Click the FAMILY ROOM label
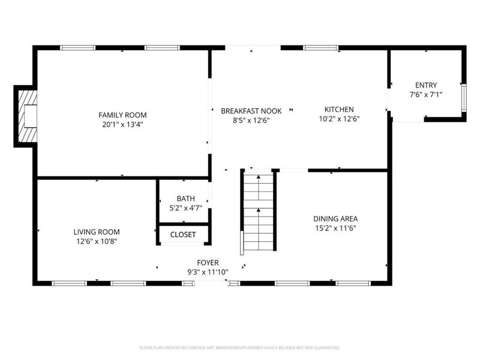122,115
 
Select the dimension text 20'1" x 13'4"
122,125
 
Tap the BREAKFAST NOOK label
251,110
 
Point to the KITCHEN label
339,109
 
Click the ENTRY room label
423,85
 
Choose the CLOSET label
183,235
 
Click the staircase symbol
259,210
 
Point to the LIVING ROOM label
97,232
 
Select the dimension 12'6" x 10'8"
97,241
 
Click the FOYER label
208,262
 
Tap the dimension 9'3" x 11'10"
208,272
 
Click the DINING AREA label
335,218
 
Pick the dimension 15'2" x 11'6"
335,228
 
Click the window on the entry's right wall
463,99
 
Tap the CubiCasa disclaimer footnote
240,347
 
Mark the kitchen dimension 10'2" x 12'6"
339,119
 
